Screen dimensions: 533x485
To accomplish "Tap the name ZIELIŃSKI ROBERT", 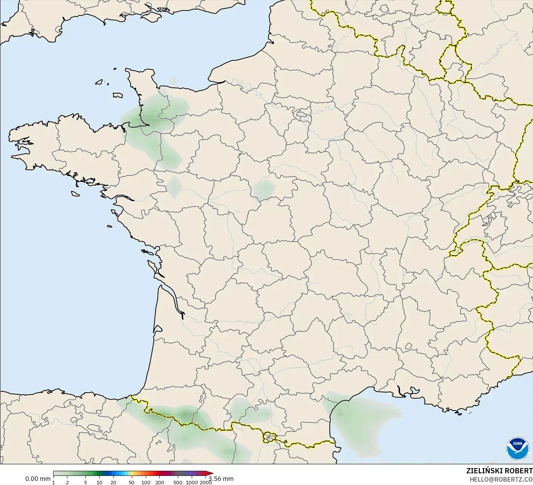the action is [x=499, y=471].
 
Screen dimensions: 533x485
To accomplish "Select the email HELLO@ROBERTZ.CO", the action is [x=501, y=479].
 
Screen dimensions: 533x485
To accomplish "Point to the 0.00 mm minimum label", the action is [x=38, y=479].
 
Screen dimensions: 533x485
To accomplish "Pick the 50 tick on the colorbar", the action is [x=131, y=482].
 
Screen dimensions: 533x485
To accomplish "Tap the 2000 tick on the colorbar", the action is [x=205, y=482].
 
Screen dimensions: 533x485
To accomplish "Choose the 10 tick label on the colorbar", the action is [x=99, y=482].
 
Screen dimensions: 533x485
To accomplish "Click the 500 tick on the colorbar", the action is [x=178, y=482].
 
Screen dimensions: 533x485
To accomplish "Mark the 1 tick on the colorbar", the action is [x=53, y=482].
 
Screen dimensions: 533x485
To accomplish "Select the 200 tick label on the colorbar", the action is [x=159, y=482].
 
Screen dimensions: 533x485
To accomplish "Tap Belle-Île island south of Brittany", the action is [x=75, y=193].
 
